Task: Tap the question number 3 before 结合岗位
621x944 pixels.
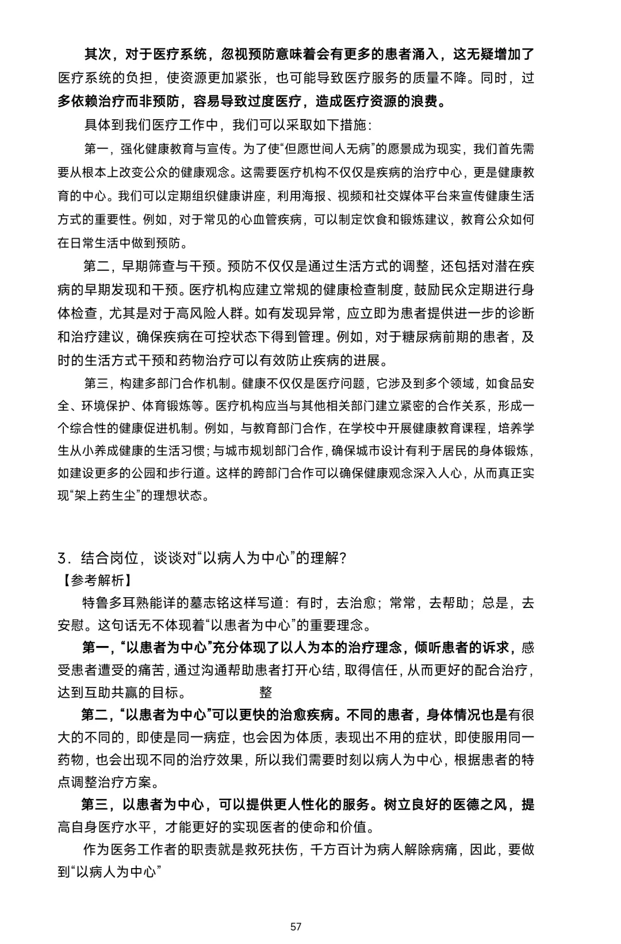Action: point(62,558)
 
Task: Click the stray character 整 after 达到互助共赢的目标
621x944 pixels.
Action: point(266,692)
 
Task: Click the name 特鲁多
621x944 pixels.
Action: point(103,603)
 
